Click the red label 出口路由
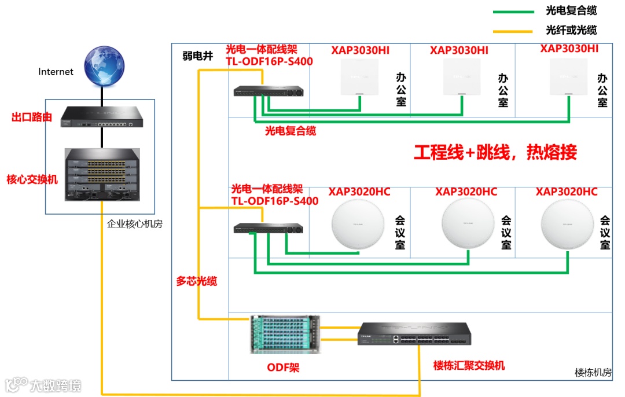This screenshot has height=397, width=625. pyautogui.click(x=32, y=117)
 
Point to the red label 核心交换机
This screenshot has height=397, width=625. pyautogui.click(x=32, y=179)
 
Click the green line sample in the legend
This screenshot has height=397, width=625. pyautogui.click(x=513, y=12)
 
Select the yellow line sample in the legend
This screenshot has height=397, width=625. pyautogui.click(x=513, y=31)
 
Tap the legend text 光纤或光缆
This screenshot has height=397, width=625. pyautogui.click(x=571, y=31)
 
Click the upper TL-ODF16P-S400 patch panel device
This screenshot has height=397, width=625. pyautogui.click(x=269, y=91)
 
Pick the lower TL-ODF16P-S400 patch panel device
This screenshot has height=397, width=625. pyautogui.click(x=269, y=228)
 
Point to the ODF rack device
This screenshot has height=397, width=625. pyautogui.click(x=285, y=334)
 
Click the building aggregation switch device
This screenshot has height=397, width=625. pyautogui.click(x=414, y=334)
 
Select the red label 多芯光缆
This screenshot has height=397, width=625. pyautogui.click(x=196, y=281)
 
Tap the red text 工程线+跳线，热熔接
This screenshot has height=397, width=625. pyautogui.click(x=495, y=153)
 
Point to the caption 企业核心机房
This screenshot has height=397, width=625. pyautogui.click(x=135, y=223)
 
